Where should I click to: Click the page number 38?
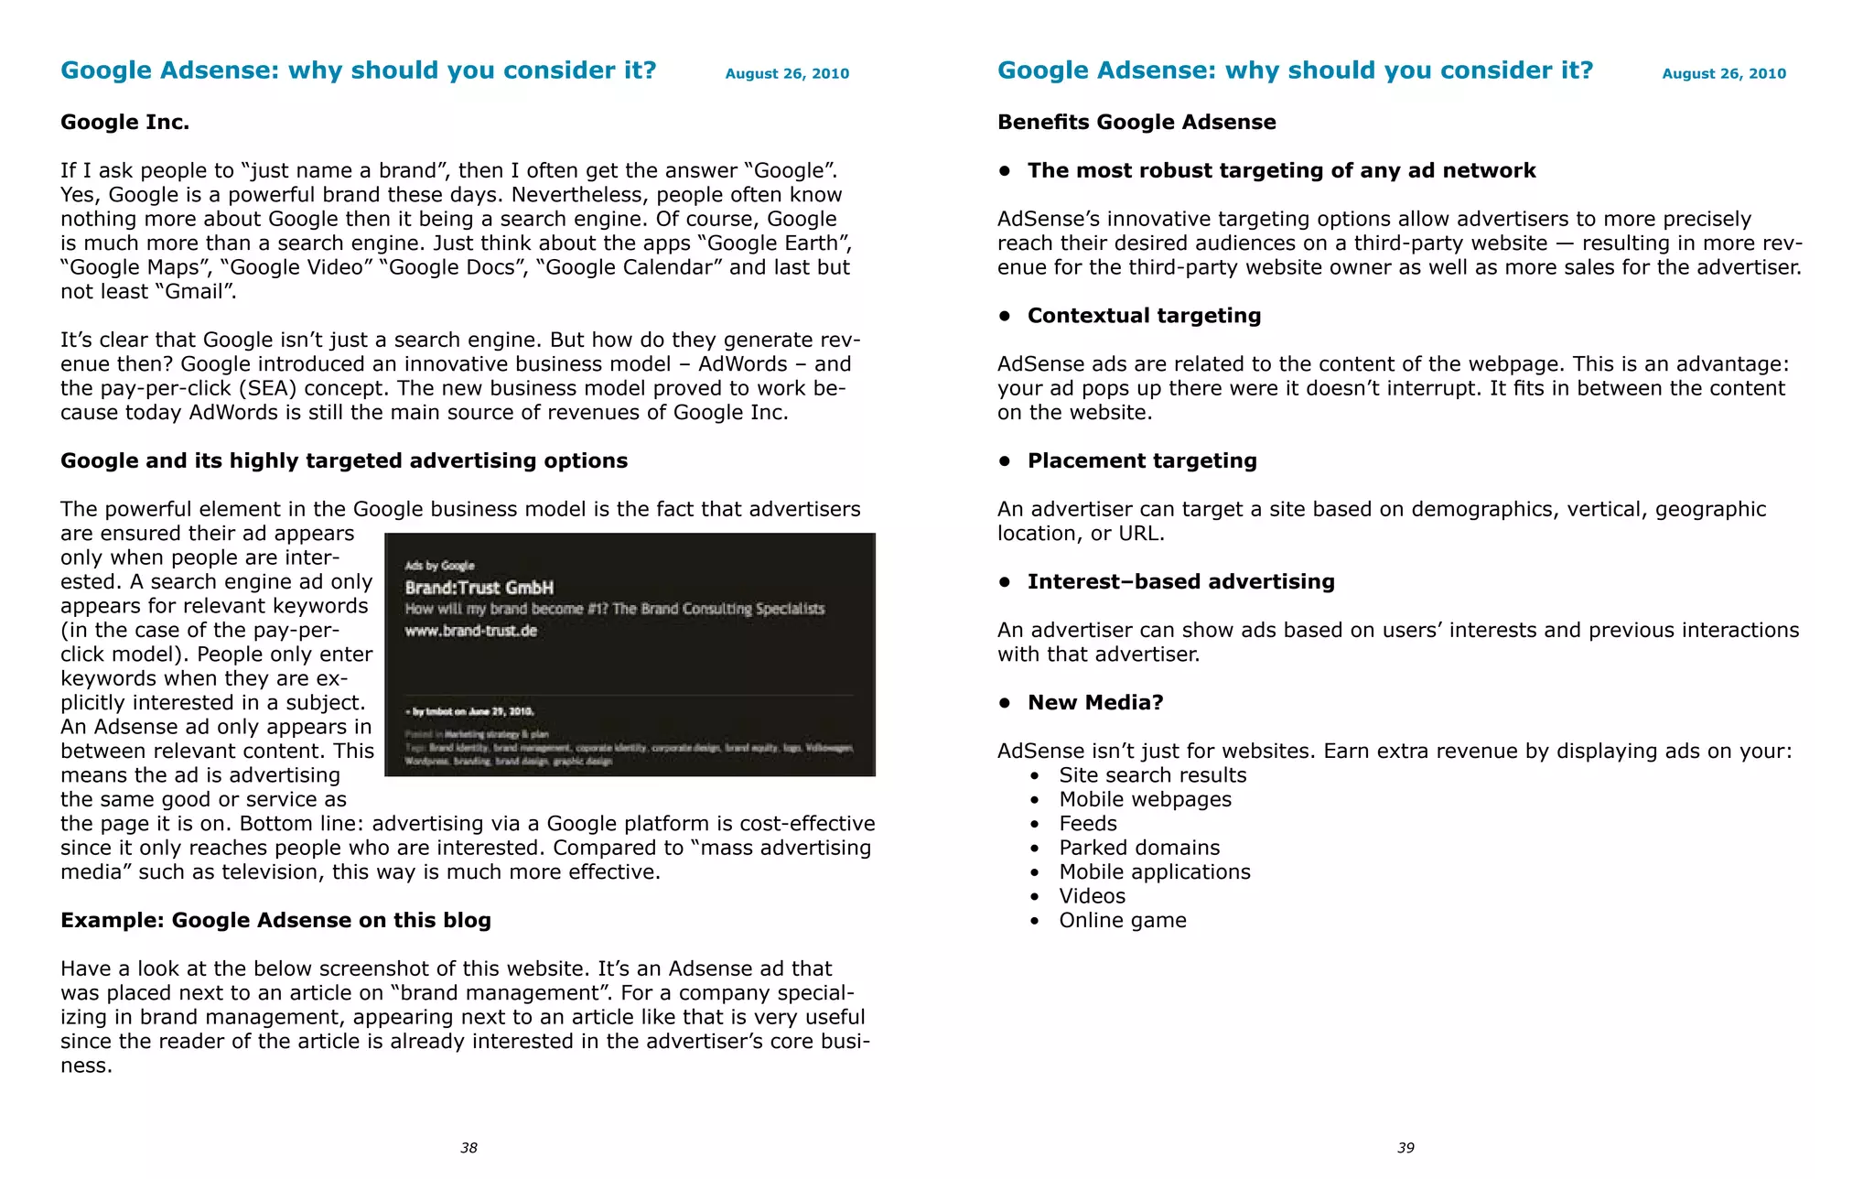(468, 1148)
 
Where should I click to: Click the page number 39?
(1405, 1148)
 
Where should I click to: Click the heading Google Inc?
(124, 122)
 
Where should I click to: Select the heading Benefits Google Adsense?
(1136, 122)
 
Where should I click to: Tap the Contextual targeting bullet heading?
(1144, 316)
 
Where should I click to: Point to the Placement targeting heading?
(1142, 460)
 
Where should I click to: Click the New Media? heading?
(1095, 702)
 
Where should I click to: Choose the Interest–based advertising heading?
(1180, 581)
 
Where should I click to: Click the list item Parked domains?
(1139, 848)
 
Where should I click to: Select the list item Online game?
(1123, 920)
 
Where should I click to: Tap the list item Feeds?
(1088, 824)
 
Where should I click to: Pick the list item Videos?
(1093, 896)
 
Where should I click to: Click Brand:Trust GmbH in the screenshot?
(479, 588)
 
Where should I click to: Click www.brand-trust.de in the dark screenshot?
(470, 631)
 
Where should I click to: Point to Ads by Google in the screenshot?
(439, 566)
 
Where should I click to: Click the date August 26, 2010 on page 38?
(787, 73)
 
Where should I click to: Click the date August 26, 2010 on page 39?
(1724, 73)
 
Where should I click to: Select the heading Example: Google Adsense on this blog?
(275, 920)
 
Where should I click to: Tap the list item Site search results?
(1152, 775)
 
